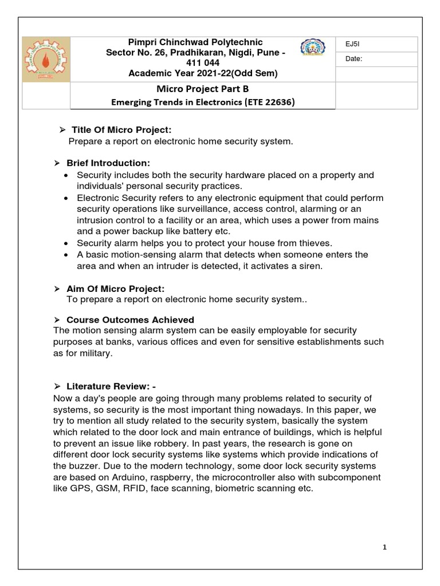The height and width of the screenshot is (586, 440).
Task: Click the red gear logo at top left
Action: click(46, 73)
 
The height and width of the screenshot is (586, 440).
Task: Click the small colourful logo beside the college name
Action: click(312, 52)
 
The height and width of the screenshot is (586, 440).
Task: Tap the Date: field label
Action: click(353, 59)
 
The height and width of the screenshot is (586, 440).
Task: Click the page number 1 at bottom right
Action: click(385, 548)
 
